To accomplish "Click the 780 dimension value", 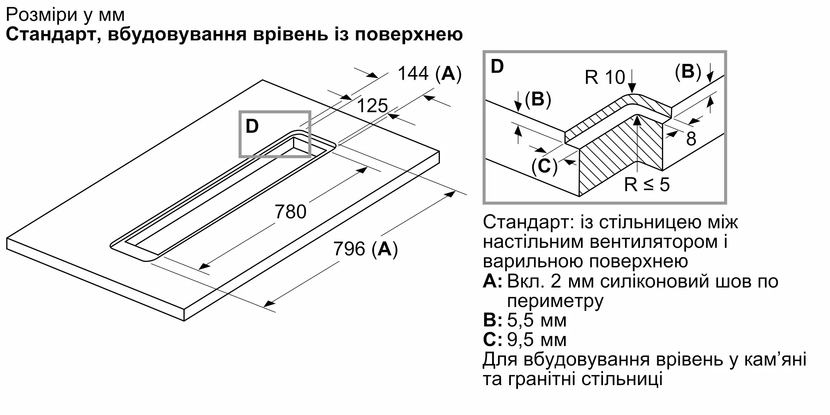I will click(290, 212).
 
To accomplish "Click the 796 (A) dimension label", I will click(365, 249).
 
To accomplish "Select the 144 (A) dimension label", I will click(429, 74).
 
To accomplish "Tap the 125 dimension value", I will click(372, 106).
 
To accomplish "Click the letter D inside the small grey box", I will click(252, 126).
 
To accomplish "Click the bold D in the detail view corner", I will click(497, 66).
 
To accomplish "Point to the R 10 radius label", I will click(604, 77).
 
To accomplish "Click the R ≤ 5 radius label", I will click(647, 184).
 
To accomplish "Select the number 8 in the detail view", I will click(691, 139).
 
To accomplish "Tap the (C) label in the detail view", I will click(544, 166).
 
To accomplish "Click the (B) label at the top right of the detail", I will click(688, 71).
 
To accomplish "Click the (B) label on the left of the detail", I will click(537, 99).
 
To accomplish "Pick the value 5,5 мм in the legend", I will click(537, 320).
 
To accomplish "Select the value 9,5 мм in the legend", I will click(537, 339).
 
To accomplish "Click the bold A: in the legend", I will click(493, 281).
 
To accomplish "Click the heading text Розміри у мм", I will click(65, 15).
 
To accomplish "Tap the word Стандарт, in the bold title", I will click(53, 34).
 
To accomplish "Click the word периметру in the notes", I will click(555, 301).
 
